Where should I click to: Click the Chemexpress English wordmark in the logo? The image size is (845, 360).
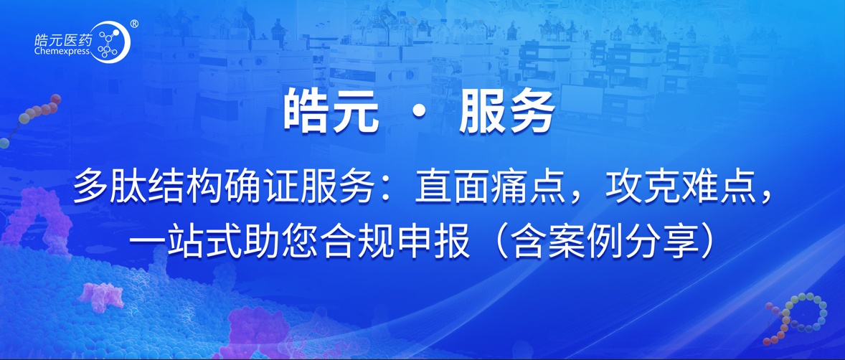[x=63, y=51]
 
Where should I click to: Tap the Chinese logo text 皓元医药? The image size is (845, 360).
[x=63, y=39]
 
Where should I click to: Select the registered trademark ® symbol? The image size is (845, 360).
[x=135, y=24]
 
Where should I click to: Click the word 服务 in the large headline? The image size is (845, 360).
[x=506, y=113]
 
